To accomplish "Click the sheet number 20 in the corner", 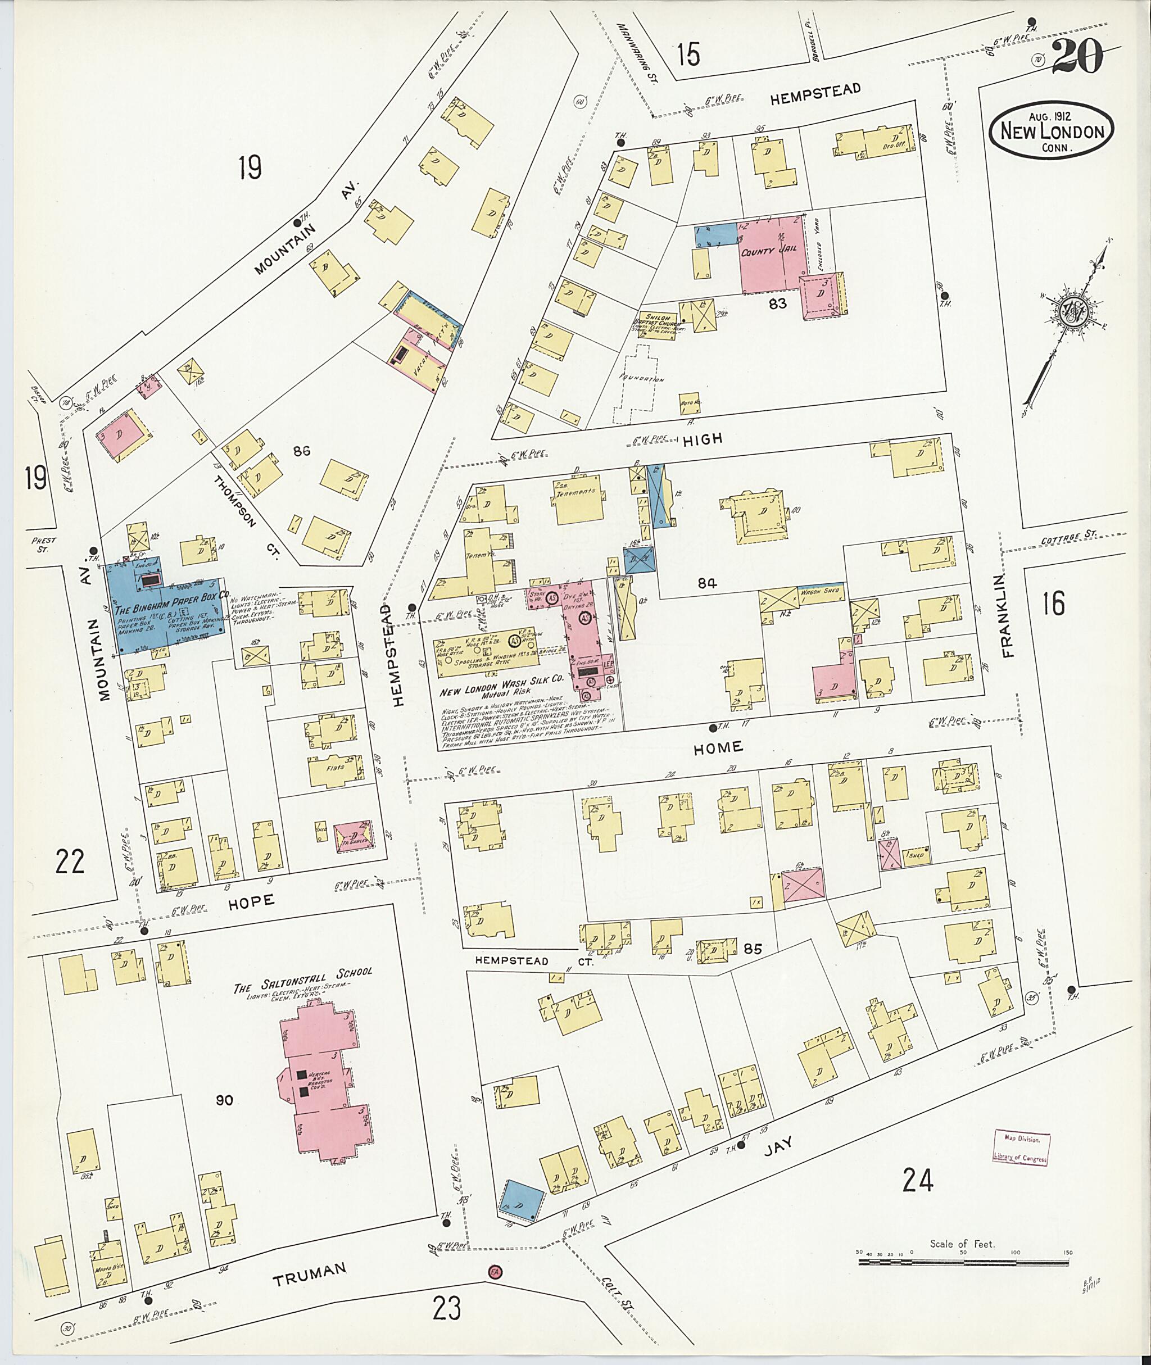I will point(1077,57).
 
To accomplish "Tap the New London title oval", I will point(1052,131).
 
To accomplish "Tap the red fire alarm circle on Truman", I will point(493,1272).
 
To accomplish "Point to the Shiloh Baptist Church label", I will point(660,321).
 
